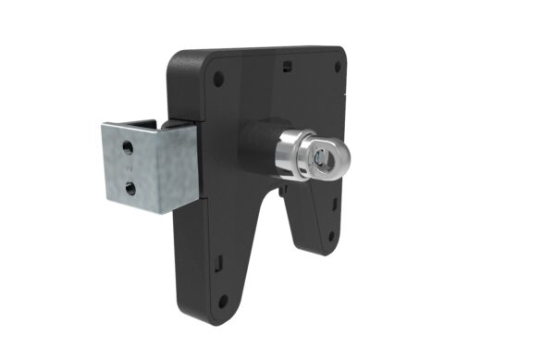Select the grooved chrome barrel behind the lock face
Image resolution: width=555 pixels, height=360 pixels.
(x=294, y=153)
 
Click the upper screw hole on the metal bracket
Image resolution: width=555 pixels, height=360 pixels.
(x=128, y=147)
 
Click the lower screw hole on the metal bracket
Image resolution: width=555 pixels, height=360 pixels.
(x=130, y=188)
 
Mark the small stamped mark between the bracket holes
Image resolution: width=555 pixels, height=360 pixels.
(x=129, y=168)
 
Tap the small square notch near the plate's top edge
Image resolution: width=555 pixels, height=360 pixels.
(x=288, y=65)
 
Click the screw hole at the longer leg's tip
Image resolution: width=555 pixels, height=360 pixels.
(x=222, y=299)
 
